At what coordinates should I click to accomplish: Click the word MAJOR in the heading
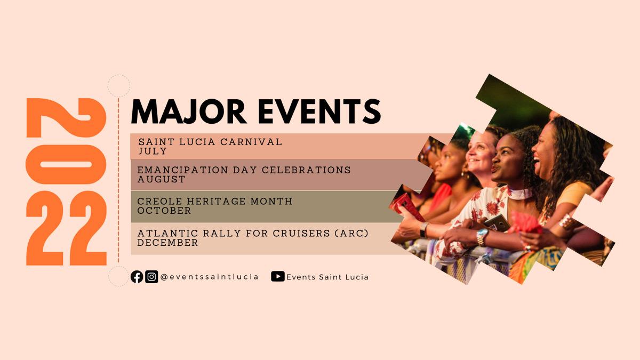(189, 111)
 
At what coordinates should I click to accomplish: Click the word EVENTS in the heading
(319, 111)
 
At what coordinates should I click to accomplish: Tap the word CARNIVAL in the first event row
(251, 142)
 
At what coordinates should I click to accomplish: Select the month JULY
(153, 151)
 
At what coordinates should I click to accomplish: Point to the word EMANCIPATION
(182, 170)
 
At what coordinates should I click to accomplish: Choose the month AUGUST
(161, 179)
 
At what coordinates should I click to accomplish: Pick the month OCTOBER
(164, 211)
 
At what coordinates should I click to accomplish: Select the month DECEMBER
(167, 243)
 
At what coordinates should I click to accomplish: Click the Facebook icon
(137, 277)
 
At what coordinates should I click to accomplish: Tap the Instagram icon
(151, 277)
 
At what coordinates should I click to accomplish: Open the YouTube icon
(278, 276)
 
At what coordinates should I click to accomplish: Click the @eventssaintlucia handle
(210, 277)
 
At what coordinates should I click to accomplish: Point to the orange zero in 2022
(66, 165)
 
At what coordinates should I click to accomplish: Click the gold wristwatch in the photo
(482, 237)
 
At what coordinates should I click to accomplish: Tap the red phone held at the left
(407, 207)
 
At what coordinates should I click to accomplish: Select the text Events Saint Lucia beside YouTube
(327, 277)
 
